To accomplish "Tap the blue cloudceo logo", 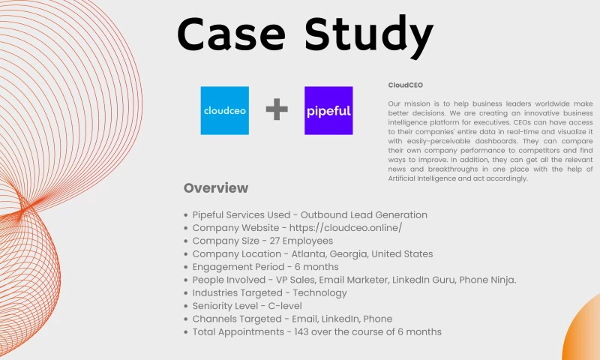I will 224,110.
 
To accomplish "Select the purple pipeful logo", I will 328,110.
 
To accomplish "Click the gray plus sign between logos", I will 277,110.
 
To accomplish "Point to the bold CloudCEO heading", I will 406,85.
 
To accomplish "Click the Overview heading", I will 215,187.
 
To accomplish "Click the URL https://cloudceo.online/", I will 343,228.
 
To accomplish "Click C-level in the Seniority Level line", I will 278,306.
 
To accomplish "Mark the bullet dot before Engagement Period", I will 186,267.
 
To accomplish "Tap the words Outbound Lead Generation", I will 362,215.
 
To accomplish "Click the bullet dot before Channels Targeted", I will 186,319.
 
